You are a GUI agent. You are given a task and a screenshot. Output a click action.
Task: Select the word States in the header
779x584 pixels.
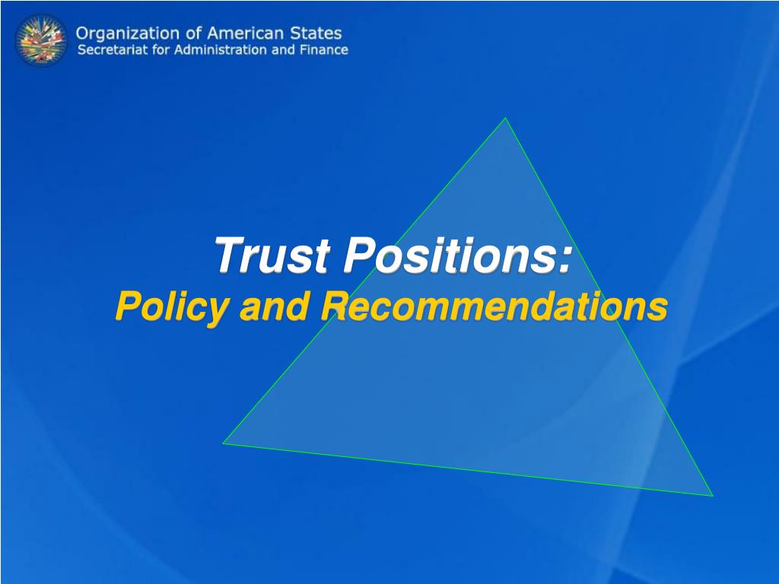click(x=317, y=34)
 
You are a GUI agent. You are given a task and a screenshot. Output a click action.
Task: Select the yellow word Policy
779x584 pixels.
click(x=170, y=307)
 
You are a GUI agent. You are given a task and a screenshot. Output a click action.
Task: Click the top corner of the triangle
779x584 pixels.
click(x=505, y=118)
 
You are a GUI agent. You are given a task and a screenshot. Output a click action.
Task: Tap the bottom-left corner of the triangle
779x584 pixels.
click(x=223, y=443)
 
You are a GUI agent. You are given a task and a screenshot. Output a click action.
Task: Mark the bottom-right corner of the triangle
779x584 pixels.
click(x=712, y=496)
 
